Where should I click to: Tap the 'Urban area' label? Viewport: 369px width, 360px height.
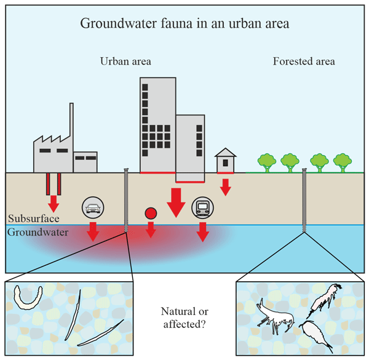coord(126,62)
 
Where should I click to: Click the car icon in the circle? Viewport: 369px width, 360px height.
coord(93,208)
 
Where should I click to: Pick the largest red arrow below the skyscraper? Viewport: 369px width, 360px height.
coord(177,202)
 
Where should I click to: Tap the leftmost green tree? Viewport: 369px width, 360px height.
coord(266,161)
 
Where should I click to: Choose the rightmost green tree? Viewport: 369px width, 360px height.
coord(343,161)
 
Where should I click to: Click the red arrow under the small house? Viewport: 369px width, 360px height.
coord(226,186)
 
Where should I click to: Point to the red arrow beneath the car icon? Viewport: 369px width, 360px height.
coord(93,231)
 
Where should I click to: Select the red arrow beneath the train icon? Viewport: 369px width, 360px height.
coord(202,231)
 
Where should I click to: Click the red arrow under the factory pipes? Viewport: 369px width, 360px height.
coord(54,202)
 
